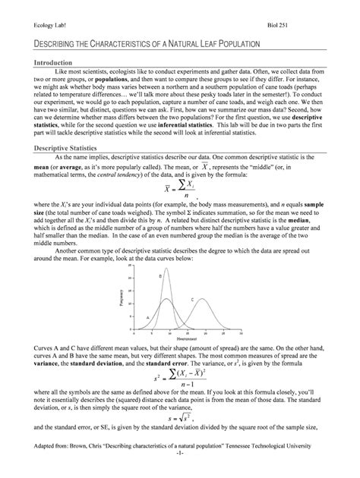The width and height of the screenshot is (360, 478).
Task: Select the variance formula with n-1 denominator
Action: (179, 376)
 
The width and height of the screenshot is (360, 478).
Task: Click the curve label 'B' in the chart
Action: (160, 276)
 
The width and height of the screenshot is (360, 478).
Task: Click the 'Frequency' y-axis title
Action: (120, 299)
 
